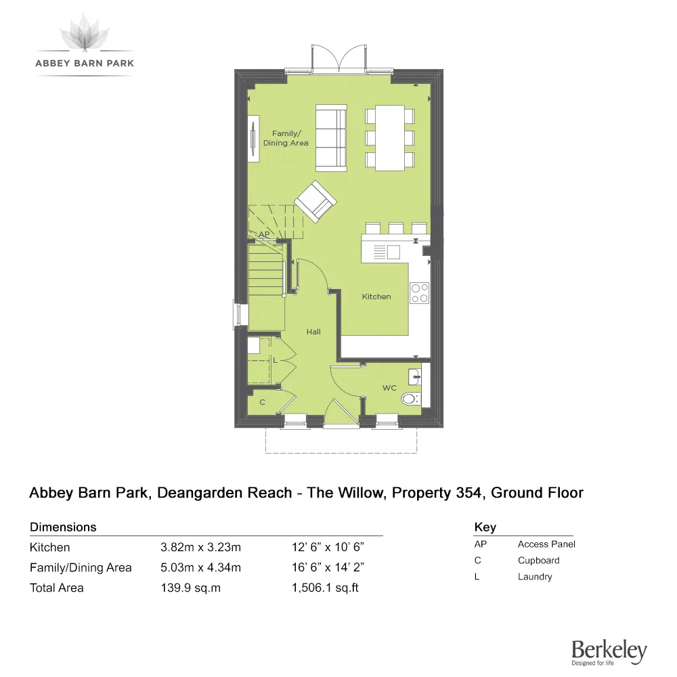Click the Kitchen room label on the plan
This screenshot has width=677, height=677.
pyautogui.click(x=376, y=297)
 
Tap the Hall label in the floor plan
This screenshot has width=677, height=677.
pyautogui.click(x=313, y=332)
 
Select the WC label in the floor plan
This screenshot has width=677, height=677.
pyautogui.click(x=389, y=388)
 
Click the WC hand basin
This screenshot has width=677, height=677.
pyautogui.click(x=414, y=376)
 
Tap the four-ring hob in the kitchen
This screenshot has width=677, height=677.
pyautogui.click(x=420, y=292)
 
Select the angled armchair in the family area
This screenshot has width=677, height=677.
pyautogui.click(x=315, y=202)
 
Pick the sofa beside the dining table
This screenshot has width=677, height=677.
pyautogui.click(x=331, y=137)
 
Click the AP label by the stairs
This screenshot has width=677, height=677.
pyautogui.click(x=265, y=235)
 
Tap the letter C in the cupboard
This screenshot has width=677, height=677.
pyautogui.click(x=263, y=402)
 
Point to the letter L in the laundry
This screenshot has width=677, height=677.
pyautogui.click(x=275, y=361)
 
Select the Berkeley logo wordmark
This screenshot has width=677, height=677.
pyautogui.click(x=609, y=651)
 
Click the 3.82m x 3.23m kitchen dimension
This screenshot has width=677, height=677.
pyautogui.click(x=200, y=547)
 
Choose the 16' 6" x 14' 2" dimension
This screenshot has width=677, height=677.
pyautogui.click(x=329, y=567)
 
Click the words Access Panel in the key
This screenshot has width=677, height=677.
pyautogui.click(x=546, y=544)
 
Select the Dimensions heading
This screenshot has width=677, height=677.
pyautogui.click(x=63, y=527)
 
